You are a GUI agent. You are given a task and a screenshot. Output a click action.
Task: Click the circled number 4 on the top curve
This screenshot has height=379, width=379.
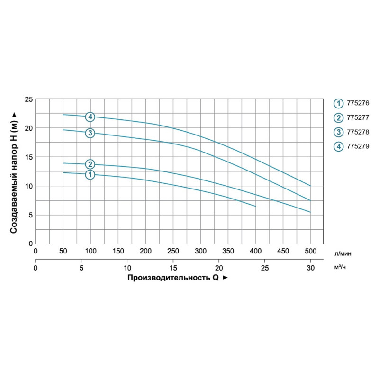[x=90, y=117]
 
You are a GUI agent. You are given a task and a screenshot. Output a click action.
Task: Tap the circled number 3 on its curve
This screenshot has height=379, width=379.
[x=90, y=133]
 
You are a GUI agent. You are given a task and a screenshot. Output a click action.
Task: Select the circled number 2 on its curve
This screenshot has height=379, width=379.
[x=90, y=164]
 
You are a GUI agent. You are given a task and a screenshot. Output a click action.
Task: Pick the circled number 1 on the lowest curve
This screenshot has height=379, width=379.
[x=90, y=175]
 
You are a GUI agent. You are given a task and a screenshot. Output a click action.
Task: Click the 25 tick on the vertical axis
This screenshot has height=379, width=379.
[x=28, y=99]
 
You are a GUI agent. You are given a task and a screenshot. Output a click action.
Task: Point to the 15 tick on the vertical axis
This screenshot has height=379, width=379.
[x=28, y=157]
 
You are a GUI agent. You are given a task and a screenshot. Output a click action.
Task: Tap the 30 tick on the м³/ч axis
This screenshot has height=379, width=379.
[x=310, y=268]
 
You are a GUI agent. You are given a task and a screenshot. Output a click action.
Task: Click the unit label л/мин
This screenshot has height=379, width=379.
[x=343, y=253]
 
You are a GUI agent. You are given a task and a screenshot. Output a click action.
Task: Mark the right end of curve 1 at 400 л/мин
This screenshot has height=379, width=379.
[x=255, y=206]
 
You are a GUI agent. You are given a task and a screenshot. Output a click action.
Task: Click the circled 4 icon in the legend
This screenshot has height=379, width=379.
[x=338, y=146]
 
